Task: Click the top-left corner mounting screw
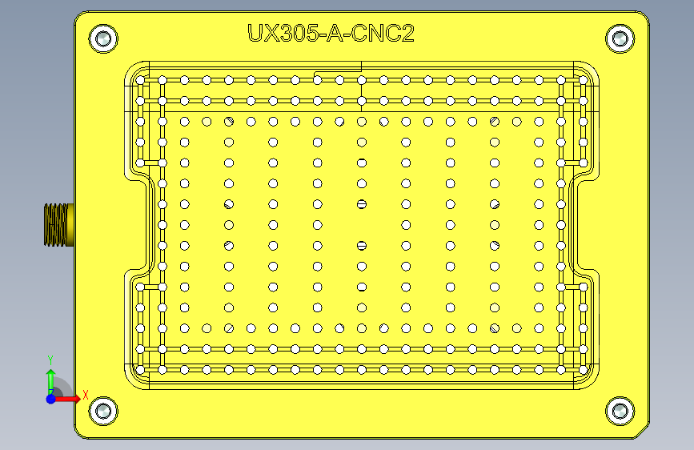click(103, 38)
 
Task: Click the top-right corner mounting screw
click(619, 38)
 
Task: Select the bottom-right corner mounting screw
click(619, 412)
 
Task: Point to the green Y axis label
click(50, 360)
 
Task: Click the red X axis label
click(85, 395)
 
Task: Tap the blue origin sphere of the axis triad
click(51, 398)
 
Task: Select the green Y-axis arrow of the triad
click(51, 380)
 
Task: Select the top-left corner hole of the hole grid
click(141, 80)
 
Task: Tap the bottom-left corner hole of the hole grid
click(141, 369)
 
